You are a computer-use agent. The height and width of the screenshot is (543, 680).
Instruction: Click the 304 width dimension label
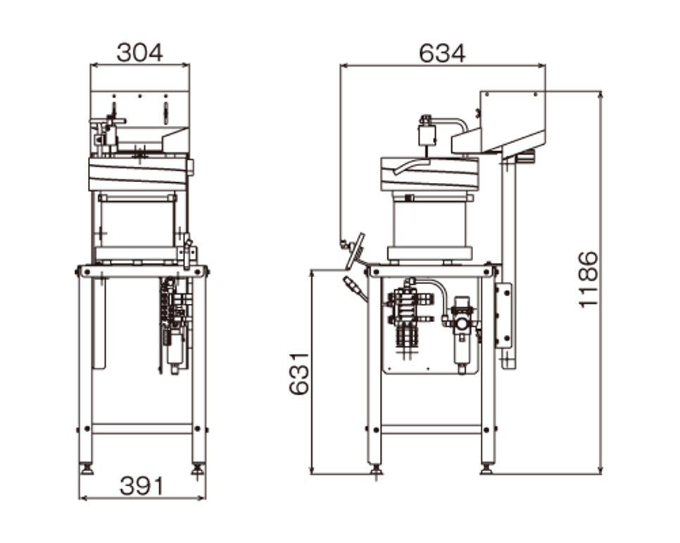click(x=139, y=53)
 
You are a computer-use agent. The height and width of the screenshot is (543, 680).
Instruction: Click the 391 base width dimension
click(x=141, y=486)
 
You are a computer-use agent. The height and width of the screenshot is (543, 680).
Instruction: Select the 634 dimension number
click(x=442, y=53)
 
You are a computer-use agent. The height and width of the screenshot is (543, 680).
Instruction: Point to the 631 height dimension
click(x=299, y=373)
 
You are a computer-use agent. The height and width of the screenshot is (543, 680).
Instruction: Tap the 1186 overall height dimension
click(x=588, y=279)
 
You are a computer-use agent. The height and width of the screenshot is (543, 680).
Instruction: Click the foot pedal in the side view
click(x=355, y=251)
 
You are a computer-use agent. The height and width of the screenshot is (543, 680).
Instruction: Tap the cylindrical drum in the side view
click(x=429, y=227)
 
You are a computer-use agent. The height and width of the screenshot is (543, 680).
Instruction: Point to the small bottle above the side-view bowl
click(x=427, y=134)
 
